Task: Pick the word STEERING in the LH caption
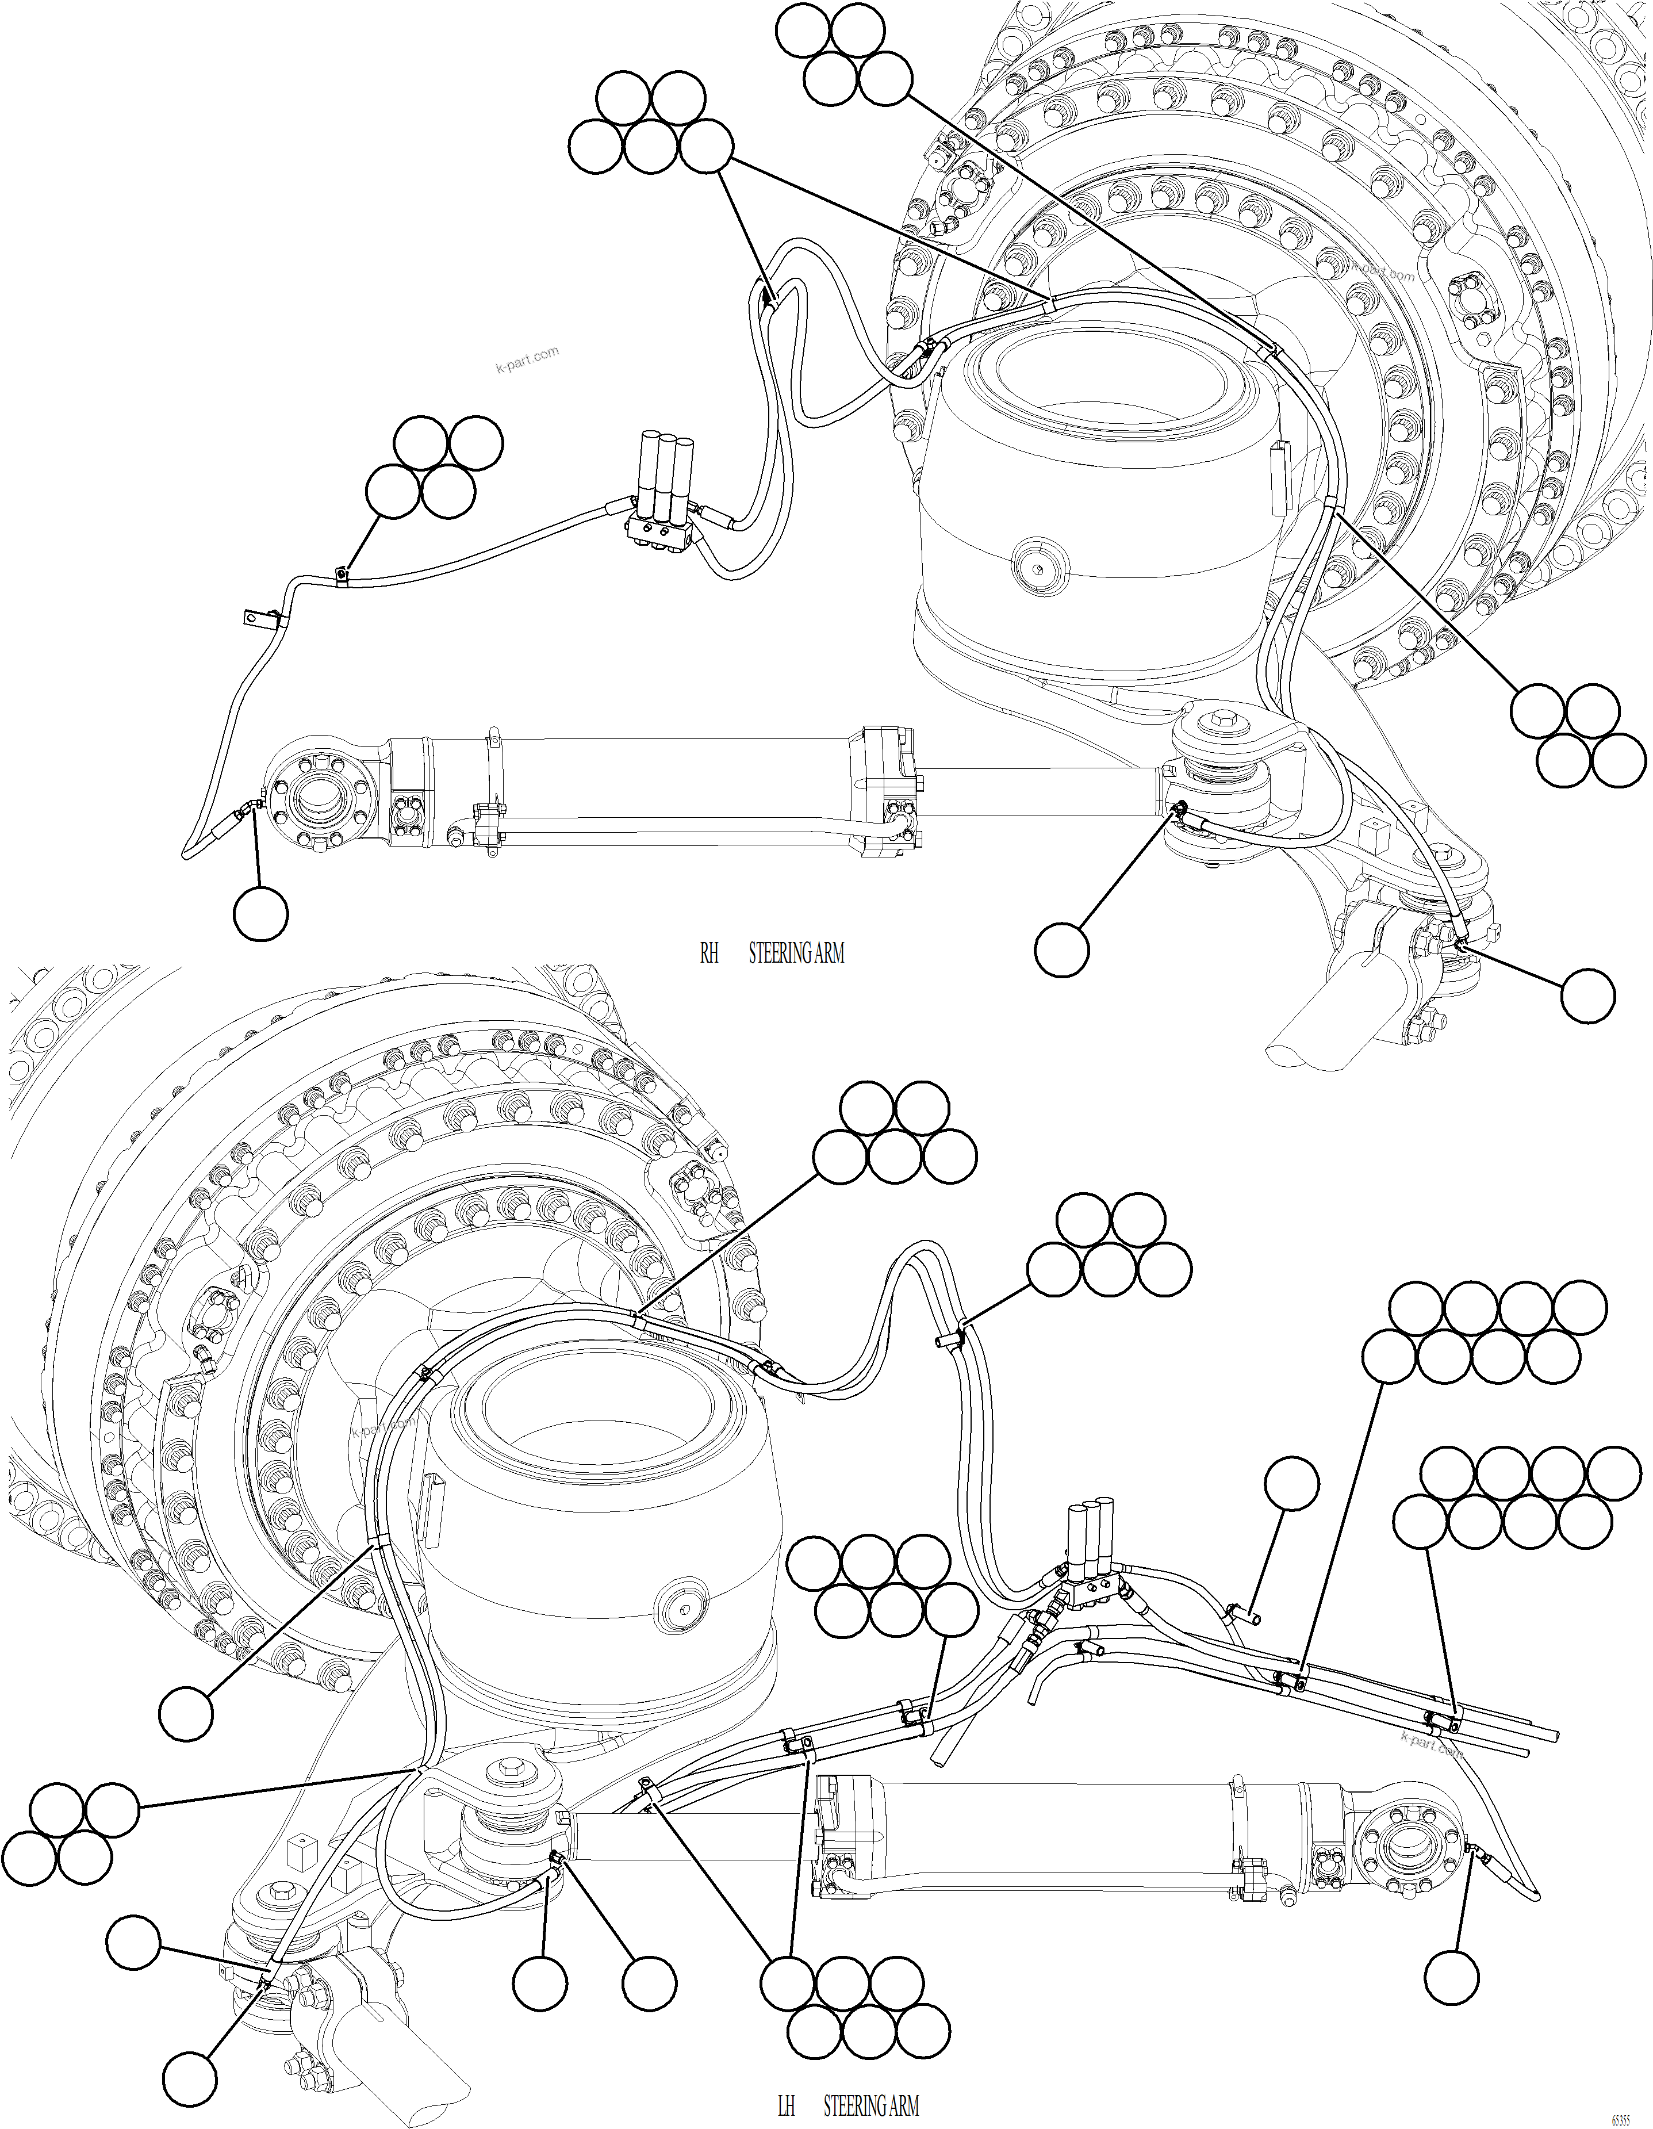[855, 2105]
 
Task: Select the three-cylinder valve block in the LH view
[1092, 1560]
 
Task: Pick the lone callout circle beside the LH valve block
[1291, 1484]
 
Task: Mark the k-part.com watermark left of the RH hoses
[527, 359]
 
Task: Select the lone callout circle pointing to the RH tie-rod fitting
[1587, 995]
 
